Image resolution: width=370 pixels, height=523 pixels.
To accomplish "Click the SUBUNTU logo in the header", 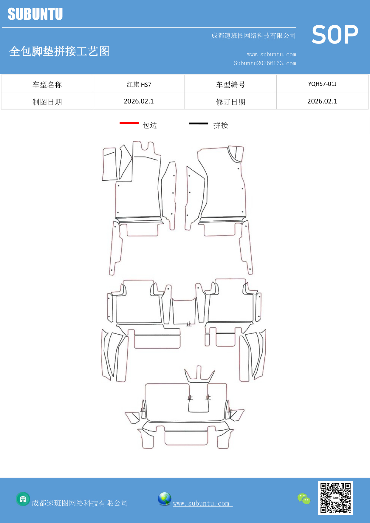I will point(35,14).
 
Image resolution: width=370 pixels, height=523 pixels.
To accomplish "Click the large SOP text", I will point(335,35).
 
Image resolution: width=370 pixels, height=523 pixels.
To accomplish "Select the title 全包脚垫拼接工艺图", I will point(59,51).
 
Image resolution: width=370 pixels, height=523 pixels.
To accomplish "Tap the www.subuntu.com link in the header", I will point(271,55).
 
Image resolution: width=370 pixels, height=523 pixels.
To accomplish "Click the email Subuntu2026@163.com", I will point(265,63).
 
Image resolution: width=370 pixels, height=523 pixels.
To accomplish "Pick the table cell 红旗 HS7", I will point(139,84).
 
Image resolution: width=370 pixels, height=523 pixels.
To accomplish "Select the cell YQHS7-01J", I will point(322,84).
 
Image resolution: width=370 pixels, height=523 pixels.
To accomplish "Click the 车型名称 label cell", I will point(47,85).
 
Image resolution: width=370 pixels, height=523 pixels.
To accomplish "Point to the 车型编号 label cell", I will point(230,85).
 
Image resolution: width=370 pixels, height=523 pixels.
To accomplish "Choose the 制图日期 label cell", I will point(47,102).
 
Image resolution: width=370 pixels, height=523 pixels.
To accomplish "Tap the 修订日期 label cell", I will point(230,102).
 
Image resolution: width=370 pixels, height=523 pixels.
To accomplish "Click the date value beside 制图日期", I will point(139,101).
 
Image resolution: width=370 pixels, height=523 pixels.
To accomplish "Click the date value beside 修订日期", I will point(322,101).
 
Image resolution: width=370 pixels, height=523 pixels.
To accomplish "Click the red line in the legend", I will point(129,123).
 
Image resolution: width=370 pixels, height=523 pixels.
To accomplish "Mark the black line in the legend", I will point(199,123).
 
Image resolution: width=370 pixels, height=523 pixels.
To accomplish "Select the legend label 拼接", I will point(221,125).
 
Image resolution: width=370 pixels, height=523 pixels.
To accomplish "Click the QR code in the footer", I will point(335,498).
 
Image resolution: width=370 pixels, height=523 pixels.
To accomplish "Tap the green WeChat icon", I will point(304,499).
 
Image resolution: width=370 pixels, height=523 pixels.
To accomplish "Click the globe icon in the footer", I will point(164,499).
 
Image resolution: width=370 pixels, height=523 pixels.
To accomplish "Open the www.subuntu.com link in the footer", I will point(201,503).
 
